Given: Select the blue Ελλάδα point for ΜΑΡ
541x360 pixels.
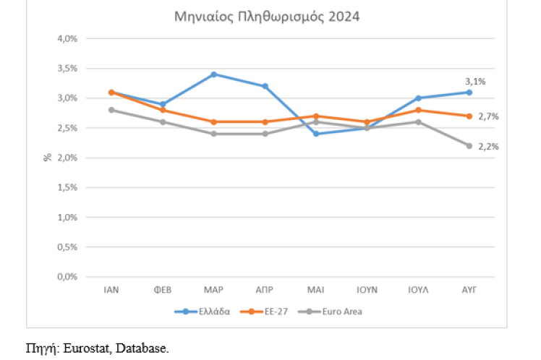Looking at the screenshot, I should click(x=213, y=74).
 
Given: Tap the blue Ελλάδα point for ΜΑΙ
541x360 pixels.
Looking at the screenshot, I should click(x=315, y=134).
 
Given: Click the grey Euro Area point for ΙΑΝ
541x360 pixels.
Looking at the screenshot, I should click(x=111, y=110).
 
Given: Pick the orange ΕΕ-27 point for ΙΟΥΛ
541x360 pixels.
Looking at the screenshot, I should click(x=418, y=110).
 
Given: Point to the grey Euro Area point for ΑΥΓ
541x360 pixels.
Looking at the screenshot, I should click(x=469, y=145).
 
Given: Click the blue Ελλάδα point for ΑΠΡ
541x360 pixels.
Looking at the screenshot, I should click(x=265, y=86).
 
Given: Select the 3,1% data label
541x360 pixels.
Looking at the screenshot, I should click(x=475, y=81).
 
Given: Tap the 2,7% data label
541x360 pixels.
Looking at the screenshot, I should click(x=488, y=116).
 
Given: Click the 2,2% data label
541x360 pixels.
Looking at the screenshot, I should click(x=488, y=146).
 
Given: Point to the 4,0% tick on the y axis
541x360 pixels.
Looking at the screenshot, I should click(x=67, y=38).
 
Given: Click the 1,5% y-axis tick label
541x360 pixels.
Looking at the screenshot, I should click(x=67, y=187).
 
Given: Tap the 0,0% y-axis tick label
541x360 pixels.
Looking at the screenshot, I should click(x=67, y=276).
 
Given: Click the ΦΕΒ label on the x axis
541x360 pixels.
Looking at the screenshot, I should click(x=162, y=289).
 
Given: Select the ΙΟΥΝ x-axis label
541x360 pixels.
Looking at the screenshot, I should click(x=367, y=289).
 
